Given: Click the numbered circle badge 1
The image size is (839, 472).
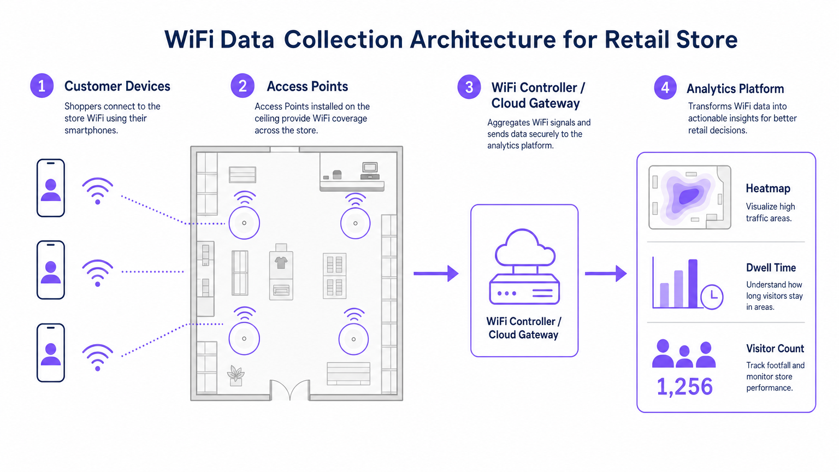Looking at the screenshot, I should [42, 86].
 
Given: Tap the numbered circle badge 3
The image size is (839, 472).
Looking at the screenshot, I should [469, 87].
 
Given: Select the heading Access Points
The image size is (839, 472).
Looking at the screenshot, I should [307, 86].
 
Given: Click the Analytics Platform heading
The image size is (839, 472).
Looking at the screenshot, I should [735, 88].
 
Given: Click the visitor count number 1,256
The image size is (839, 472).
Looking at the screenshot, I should [684, 387].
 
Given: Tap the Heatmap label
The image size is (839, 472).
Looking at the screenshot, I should [767, 188].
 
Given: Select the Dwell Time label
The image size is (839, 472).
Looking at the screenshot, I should [771, 268].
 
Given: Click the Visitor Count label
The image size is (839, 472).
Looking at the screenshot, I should [775, 349].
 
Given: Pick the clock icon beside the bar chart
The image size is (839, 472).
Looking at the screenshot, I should [712, 297].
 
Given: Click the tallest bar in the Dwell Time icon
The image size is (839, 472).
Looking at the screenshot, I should [693, 283].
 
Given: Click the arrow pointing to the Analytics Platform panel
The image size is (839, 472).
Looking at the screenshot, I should [606, 273].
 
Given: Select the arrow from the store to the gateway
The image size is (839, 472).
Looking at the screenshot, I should [436, 273].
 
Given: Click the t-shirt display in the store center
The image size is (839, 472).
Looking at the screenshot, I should [281, 263].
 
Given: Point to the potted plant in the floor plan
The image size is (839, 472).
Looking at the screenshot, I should [236, 375].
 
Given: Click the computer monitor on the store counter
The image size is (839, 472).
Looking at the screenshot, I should [370, 167].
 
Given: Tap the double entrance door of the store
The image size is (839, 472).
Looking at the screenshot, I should [290, 390].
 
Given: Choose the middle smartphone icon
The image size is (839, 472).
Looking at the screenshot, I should [51, 270].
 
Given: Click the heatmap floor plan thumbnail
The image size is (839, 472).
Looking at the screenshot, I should [689, 197].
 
